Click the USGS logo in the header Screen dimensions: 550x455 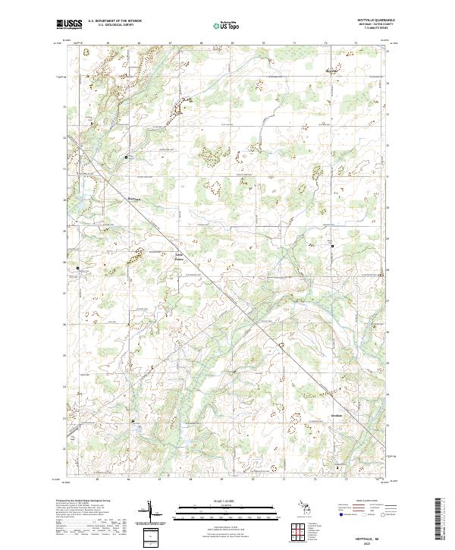pyautogui.click(x=71, y=25)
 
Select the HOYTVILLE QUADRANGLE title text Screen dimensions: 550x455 pyautogui.click(x=372, y=19)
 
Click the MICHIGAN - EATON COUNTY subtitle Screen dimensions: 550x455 pyautogui.click(x=372, y=24)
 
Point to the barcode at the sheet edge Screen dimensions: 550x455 pyautogui.click(x=438, y=522)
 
